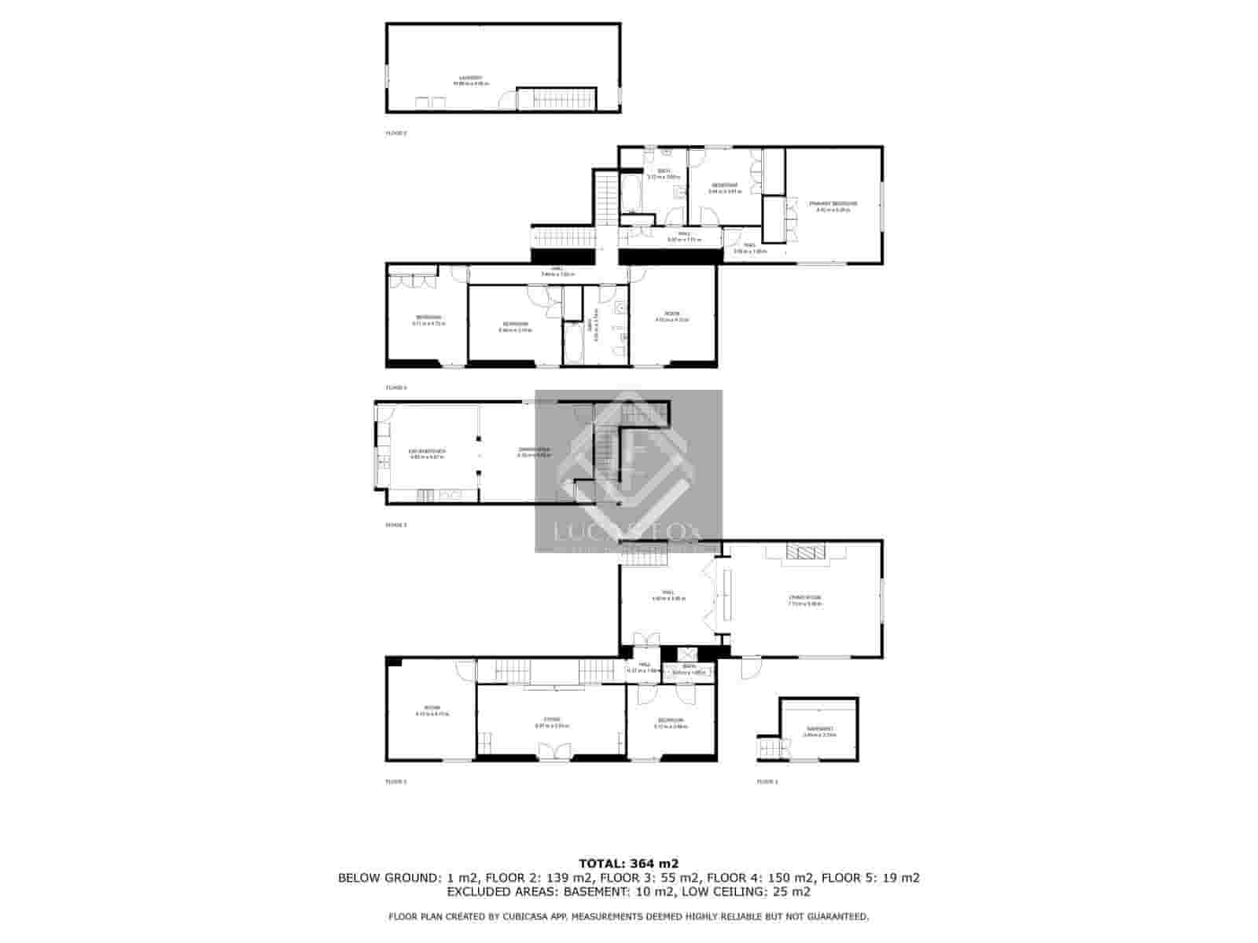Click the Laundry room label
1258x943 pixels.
pos(473,79)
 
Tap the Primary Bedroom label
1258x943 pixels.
pos(833,205)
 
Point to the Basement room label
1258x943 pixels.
pos(819,731)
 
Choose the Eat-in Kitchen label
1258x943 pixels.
pos(428,453)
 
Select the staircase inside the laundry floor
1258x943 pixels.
pos(557,99)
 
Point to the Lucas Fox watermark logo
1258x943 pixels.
pos(628,472)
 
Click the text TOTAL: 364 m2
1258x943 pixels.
pos(628,862)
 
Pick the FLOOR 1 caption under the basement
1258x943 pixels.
pos(767,782)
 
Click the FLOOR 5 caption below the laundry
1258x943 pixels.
pos(396,134)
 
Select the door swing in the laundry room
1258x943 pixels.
pos(509,100)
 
